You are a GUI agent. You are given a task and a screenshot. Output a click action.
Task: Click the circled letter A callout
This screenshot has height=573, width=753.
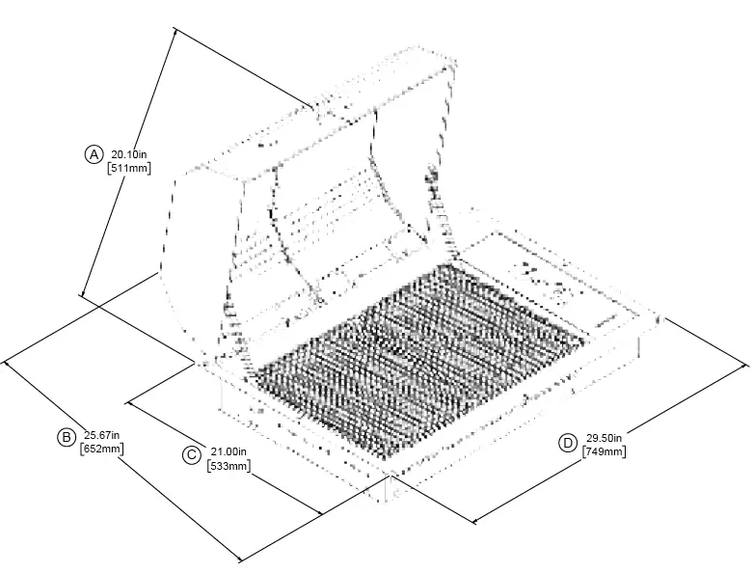coord(94,153)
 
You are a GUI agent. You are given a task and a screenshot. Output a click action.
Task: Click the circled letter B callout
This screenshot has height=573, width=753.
coord(67,437)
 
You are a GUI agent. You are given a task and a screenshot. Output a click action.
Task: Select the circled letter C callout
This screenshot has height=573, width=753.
coord(191,454)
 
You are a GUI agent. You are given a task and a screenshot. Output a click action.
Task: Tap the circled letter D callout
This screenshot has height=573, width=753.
coord(568,442)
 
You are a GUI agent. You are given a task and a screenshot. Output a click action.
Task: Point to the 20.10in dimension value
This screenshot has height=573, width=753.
coord(128,153)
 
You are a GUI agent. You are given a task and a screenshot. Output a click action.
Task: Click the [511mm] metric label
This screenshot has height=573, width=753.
coord(128,168)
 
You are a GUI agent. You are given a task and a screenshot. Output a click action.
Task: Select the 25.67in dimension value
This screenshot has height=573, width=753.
coord(100,434)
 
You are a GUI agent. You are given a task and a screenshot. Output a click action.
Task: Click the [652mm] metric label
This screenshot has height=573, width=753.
coord(100,449)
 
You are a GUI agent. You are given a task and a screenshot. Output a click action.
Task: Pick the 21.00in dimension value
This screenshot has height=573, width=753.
coord(229,451)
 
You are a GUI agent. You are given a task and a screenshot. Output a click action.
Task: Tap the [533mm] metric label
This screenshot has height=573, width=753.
coord(229,466)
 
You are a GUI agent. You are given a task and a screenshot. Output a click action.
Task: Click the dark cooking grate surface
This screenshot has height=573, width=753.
coord(415,357)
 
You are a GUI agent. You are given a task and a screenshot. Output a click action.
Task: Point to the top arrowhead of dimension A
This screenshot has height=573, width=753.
coord(175,32)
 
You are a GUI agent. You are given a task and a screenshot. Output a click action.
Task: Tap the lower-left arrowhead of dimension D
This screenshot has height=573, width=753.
coord(475,522)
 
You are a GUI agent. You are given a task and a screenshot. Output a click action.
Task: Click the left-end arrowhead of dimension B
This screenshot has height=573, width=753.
coord(8,363)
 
